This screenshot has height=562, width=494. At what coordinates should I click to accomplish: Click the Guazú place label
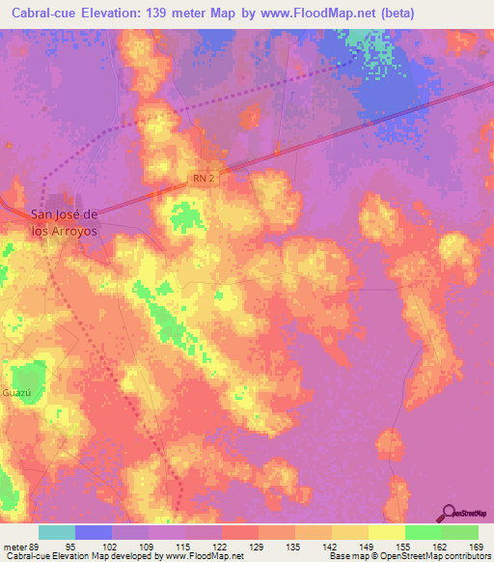tap(18, 394)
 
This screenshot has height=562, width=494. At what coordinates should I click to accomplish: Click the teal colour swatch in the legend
tap(57, 532)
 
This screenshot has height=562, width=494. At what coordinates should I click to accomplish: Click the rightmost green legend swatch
tap(459, 532)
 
